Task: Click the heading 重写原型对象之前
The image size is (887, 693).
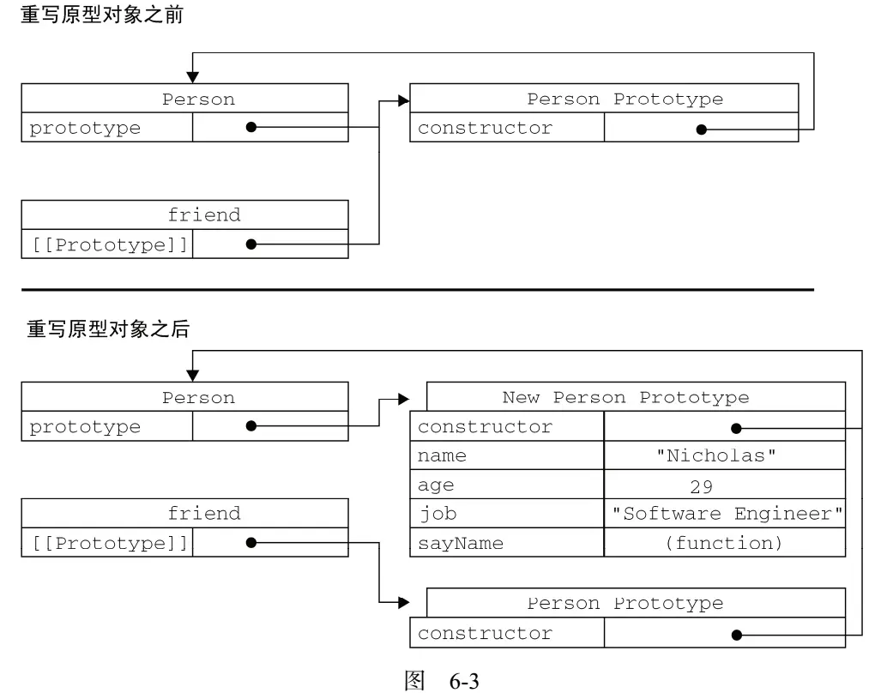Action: [102, 15]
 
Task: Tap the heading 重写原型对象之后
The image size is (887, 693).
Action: [108, 328]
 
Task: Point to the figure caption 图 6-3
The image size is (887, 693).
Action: [442, 680]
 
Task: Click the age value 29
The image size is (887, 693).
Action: [702, 486]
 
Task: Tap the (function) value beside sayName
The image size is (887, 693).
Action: [723, 543]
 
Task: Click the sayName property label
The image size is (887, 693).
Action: [461, 544]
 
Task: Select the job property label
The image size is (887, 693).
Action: [437, 514]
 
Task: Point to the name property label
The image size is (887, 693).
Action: [442, 455]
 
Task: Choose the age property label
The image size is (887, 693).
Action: [436, 486]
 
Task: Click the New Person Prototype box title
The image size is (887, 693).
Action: [625, 397]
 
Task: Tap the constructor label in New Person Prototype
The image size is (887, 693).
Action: [485, 426]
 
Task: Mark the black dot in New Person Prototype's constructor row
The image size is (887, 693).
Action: [736, 428]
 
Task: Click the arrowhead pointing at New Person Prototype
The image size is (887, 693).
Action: [404, 399]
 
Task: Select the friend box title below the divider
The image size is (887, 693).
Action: [204, 513]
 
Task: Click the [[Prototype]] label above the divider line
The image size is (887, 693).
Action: [110, 244]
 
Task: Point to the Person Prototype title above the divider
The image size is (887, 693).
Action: [625, 99]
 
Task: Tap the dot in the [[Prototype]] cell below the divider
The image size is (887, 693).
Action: [251, 543]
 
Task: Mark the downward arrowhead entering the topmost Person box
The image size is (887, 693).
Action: [192, 77]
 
